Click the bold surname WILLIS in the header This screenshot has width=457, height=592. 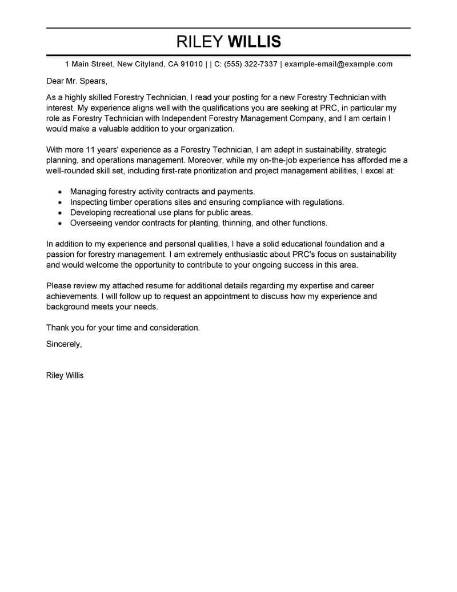click(x=254, y=42)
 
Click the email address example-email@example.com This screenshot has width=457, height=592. click(x=338, y=64)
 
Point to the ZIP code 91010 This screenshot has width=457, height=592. click(x=191, y=64)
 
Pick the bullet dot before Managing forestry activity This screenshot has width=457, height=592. click(x=61, y=192)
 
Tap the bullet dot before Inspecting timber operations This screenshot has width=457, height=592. click(x=61, y=202)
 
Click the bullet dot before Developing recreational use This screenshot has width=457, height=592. click(x=61, y=213)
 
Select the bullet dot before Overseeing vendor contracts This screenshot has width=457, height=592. click(x=61, y=223)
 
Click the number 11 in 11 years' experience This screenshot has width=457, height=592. click(x=90, y=150)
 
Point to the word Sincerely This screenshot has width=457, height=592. click(x=63, y=344)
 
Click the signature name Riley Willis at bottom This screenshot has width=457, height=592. click(x=65, y=376)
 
